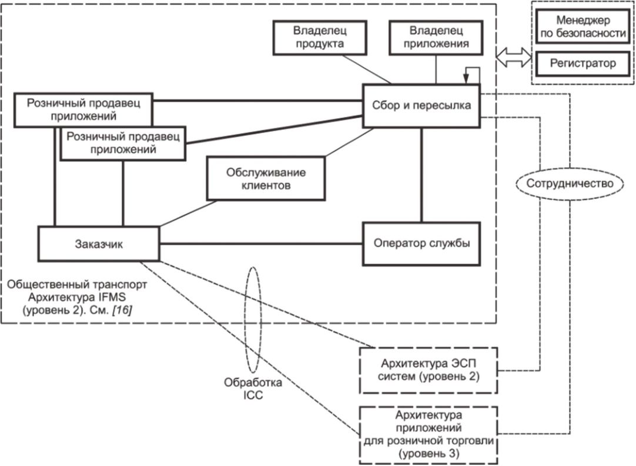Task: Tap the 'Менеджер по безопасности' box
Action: tap(582, 26)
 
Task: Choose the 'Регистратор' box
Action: tap(582, 63)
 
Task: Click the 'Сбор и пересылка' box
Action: tap(421, 105)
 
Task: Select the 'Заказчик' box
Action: tap(98, 244)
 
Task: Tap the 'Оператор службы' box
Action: tap(421, 244)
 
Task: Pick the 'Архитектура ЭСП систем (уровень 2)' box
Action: tap(428, 370)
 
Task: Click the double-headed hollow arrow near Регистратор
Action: tap(513, 57)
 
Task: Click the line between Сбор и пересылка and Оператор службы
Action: tap(421, 175)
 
